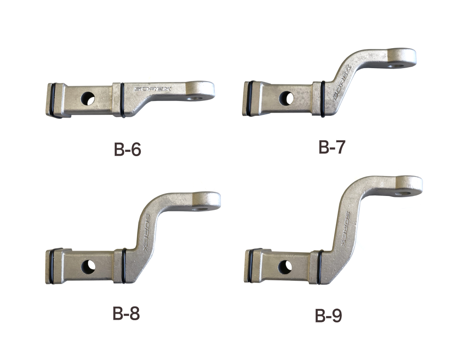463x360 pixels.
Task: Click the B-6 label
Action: [127, 150]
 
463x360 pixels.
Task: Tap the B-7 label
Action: [332, 147]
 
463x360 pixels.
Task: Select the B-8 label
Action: [126, 313]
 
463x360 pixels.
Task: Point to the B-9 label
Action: [328, 316]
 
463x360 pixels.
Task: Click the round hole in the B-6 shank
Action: [88, 99]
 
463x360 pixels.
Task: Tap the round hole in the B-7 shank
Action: [286, 98]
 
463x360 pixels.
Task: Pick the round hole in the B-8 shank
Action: [88, 267]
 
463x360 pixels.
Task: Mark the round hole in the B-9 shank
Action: [285, 267]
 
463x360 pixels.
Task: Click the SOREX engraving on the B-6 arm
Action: [153, 88]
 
